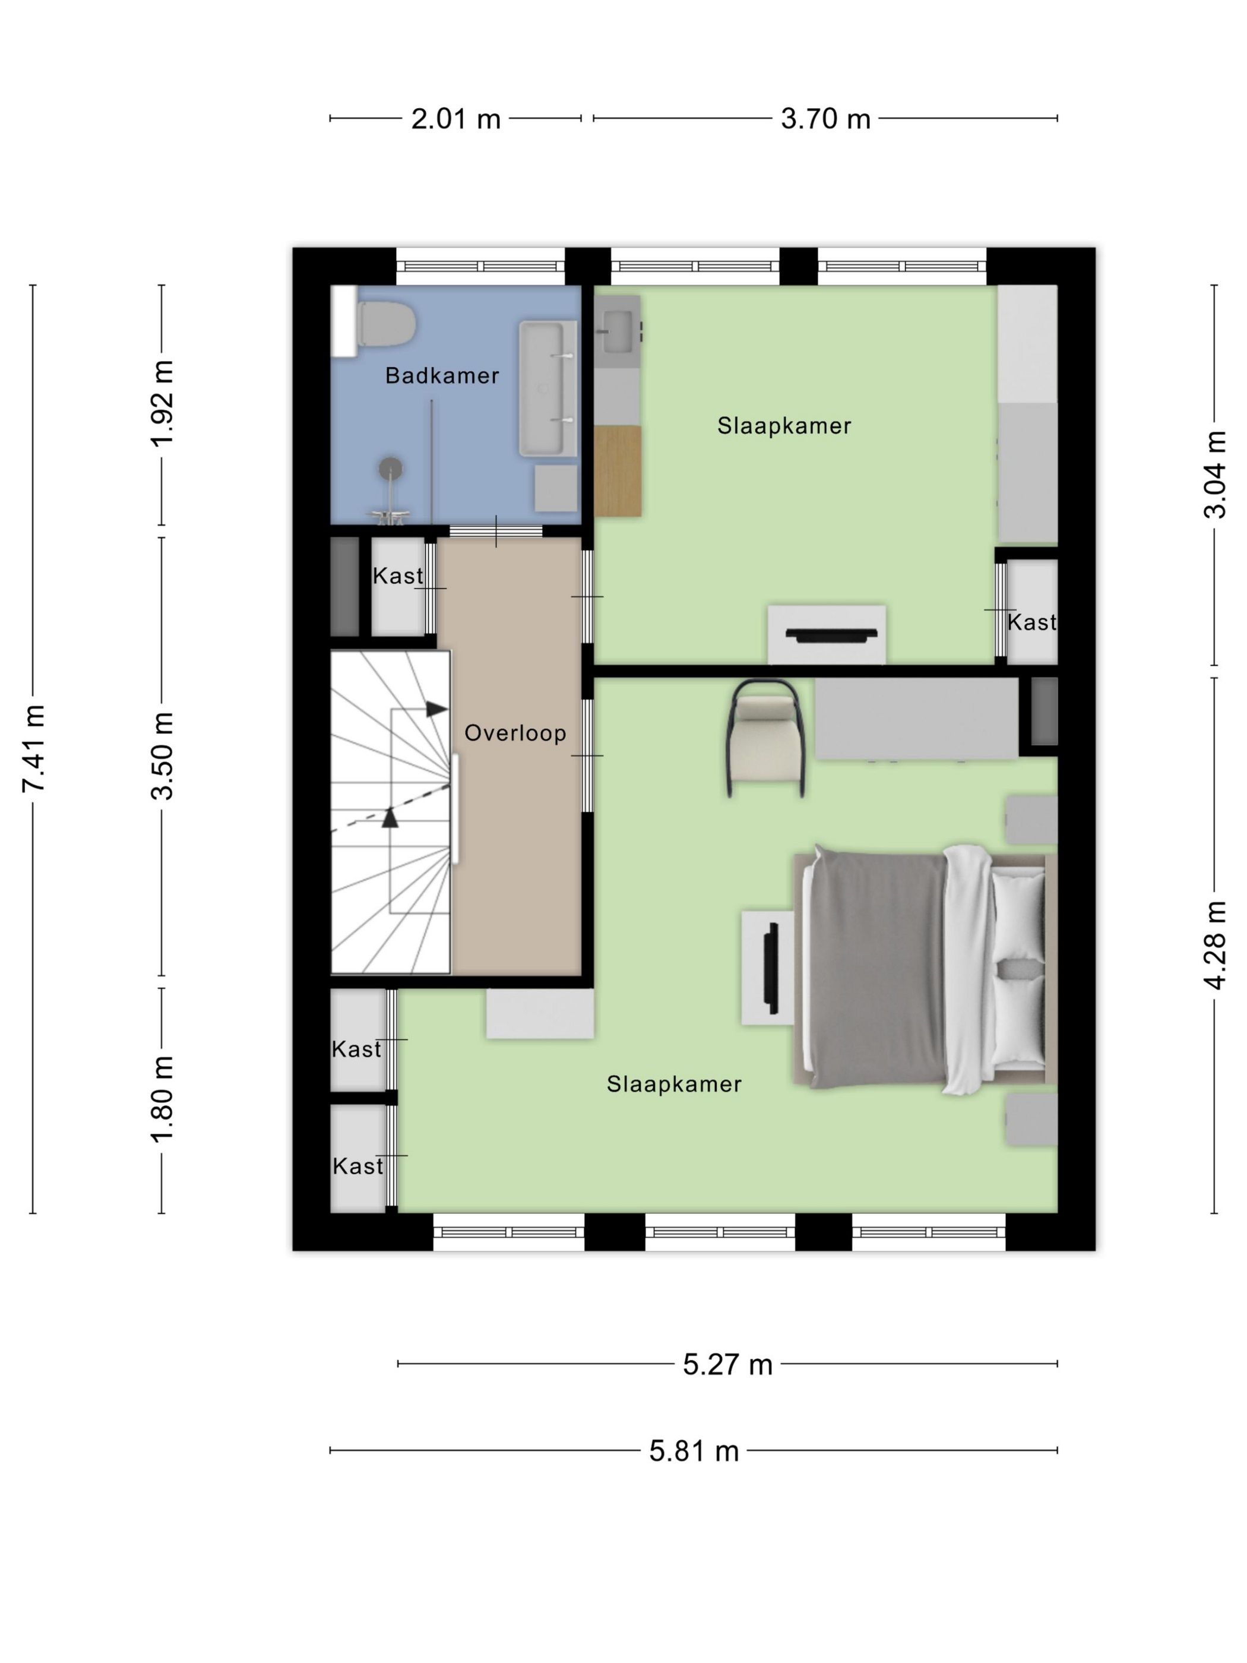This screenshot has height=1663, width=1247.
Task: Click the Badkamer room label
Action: click(442, 376)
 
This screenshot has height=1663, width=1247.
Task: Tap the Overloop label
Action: click(515, 733)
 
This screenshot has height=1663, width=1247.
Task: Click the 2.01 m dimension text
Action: click(455, 119)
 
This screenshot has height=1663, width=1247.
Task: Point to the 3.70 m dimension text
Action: click(825, 119)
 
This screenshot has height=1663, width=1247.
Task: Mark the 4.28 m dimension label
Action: click(1216, 945)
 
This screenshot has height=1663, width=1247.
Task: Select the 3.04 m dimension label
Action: click(1216, 475)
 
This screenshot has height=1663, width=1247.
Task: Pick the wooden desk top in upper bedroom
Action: click(617, 470)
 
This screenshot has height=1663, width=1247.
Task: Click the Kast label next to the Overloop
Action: click(398, 576)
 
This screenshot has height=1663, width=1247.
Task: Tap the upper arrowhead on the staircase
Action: click(436, 709)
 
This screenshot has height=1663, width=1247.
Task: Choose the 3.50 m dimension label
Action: click(162, 755)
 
